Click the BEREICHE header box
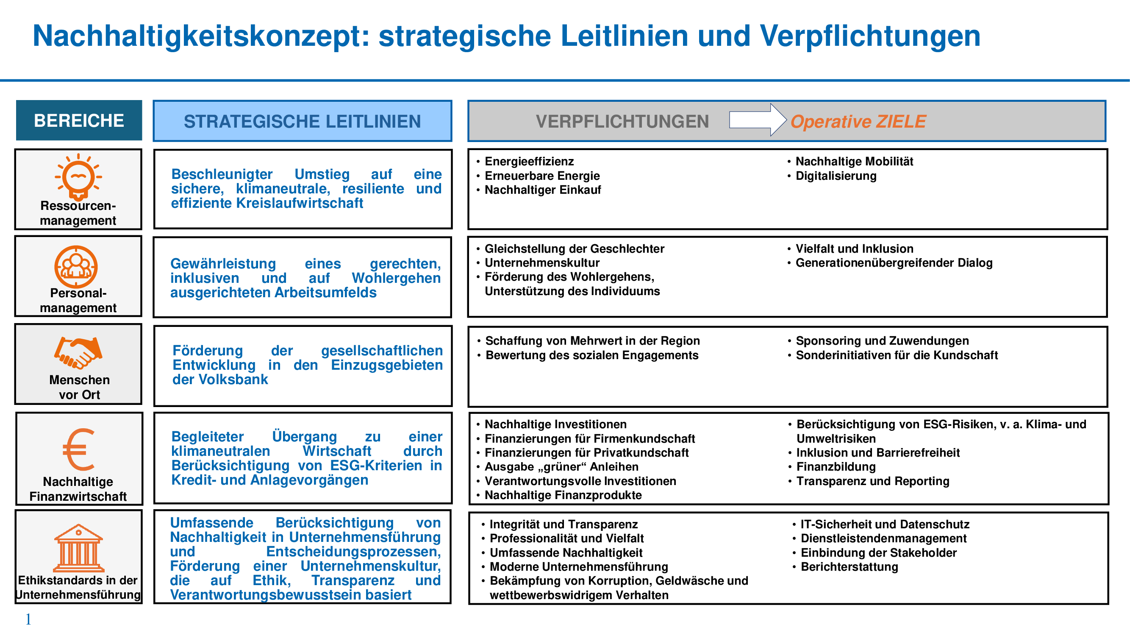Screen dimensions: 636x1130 [79, 120]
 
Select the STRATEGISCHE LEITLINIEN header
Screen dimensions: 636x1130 [302, 121]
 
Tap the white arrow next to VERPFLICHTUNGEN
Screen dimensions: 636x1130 [757, 120]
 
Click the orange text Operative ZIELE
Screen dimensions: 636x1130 [858, 122]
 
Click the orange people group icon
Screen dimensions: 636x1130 [76, 266]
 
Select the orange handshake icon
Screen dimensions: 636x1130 [78, 352]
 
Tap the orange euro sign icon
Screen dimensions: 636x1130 [78, 449]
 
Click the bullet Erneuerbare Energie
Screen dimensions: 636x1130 [542, 176]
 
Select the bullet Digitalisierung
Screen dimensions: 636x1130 [836, 176]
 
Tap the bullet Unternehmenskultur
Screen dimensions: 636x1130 [542, 262]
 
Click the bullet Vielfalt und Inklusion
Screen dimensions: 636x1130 [854, 248]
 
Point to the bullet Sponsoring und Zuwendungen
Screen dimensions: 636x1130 [882, 340]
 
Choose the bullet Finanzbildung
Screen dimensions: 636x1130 [836, 466]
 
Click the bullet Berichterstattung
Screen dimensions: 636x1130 [849, 566]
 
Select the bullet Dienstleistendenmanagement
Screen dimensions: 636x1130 [883, 538]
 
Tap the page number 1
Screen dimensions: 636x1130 [28, 619]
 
